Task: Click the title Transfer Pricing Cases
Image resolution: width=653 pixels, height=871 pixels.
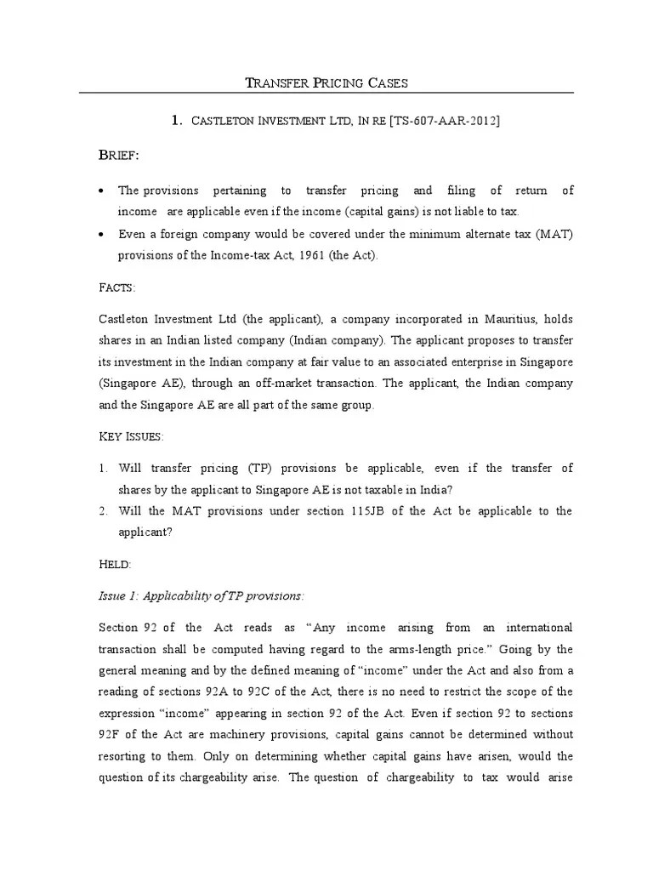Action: [x=326, y=83]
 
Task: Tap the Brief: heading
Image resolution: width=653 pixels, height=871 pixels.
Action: [x=119, y=156]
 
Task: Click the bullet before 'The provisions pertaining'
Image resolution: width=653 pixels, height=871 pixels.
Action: [x=100, y=191]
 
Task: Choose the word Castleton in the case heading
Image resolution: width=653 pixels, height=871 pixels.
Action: [x=228, y=122]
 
